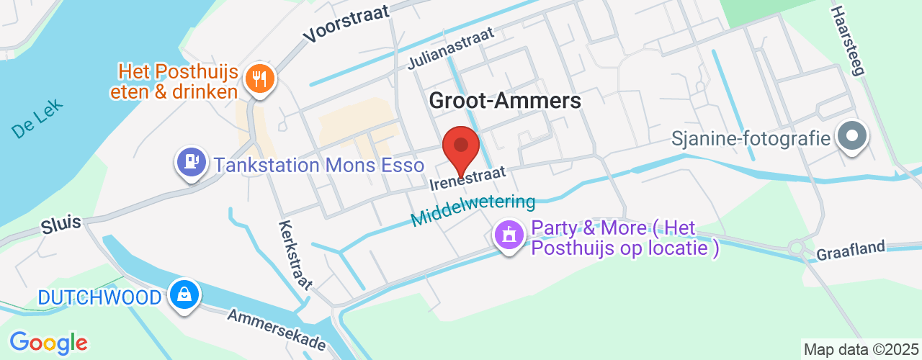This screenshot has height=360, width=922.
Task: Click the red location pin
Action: pyautogui.click(x=461, y=147)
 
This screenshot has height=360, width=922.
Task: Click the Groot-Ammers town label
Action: pyautogui.click(x=505, y=100)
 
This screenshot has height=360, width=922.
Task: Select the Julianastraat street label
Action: pyautogui.click(x=452, y=49)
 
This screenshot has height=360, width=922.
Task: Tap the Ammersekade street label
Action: pyautogui.click(x=277, y=330)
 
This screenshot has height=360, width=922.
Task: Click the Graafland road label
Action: pyautogui.click(x=850, y=251)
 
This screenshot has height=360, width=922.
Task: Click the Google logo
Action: pyautogui.click(x=48, y=343)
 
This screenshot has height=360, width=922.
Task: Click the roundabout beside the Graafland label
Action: pyautogui.click(x=796, y=248)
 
